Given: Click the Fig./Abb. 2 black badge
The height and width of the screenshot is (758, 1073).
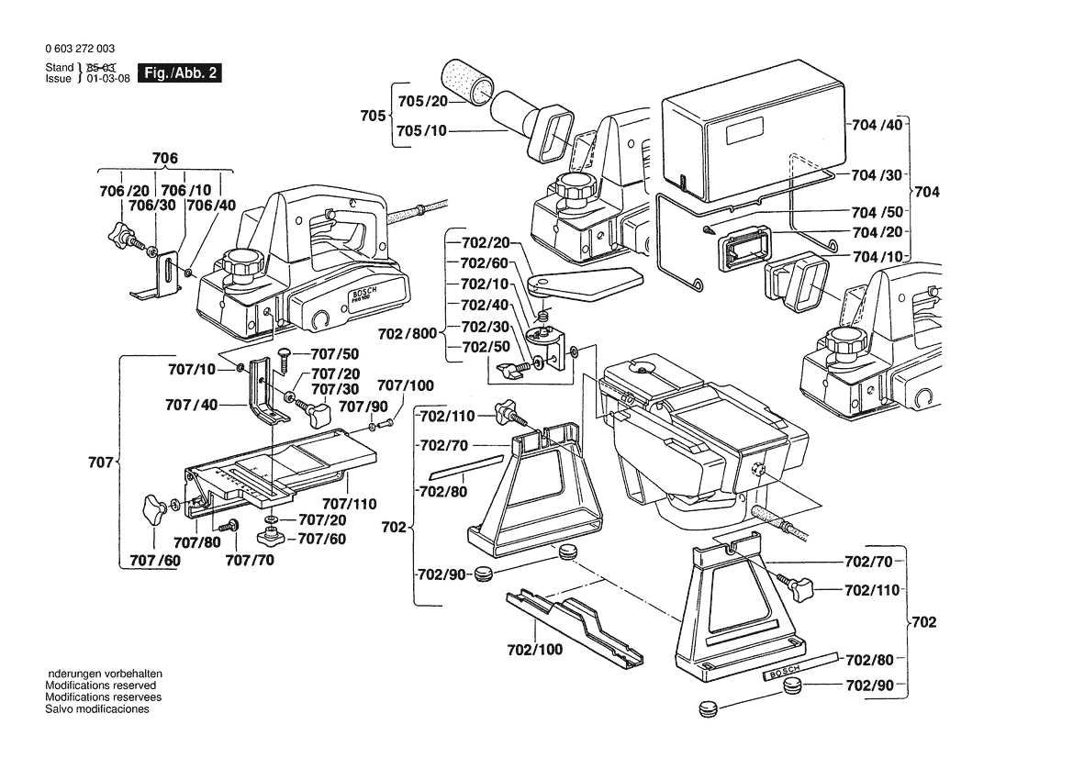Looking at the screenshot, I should coord(179,72).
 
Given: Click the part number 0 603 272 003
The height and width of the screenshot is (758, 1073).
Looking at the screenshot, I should coord(81,49).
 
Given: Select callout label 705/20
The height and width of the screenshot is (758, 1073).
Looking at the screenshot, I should coord(422,100).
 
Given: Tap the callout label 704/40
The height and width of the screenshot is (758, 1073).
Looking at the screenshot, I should coord(877,125).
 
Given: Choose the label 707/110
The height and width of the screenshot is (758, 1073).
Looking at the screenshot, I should coord(350,503).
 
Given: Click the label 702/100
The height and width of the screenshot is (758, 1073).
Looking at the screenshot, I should coord(534,650).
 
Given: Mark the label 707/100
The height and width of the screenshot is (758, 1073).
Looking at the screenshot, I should coord(406,385).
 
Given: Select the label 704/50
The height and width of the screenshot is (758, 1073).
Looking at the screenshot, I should coord(877,210).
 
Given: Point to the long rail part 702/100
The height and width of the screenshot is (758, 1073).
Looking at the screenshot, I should coord(575,623).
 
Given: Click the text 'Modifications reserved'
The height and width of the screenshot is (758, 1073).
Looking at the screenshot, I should coord(101,686).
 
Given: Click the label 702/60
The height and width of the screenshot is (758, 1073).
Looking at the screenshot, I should coord(484,262).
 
